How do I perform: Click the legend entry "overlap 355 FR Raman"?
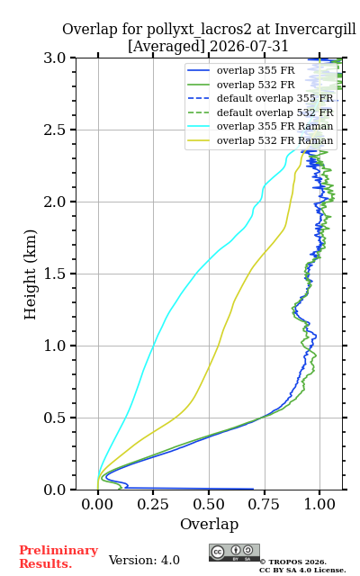(260, 126)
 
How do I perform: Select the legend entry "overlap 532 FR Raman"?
(260, 140)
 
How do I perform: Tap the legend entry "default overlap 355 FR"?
(260, 98)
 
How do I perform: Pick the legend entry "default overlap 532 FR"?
(260, 112)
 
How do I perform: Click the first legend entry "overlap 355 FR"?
(241, 70)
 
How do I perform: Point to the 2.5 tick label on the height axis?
(54, 130)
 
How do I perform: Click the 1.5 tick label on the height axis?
(54, 274)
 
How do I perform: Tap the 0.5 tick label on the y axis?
(54, 418)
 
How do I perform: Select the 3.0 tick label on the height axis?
(54, 58)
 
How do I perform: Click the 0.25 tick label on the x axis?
(153, 504)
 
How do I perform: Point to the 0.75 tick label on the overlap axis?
(264, 504)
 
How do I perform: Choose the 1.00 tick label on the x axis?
(319, 504)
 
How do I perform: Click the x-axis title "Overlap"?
(209, 524)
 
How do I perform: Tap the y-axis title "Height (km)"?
(31, 274)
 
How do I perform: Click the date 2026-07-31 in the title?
(248, 47)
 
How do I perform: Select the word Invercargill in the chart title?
(315, 30)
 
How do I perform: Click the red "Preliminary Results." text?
(58, 557)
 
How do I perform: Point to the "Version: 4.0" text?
(144, 560)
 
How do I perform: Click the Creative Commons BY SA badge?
(234, 553)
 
